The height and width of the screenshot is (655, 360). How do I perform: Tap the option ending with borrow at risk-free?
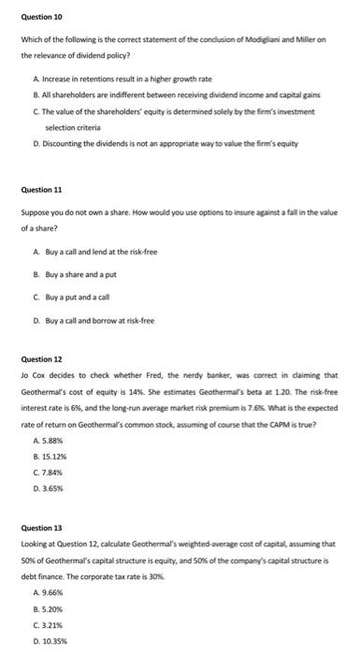98,321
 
